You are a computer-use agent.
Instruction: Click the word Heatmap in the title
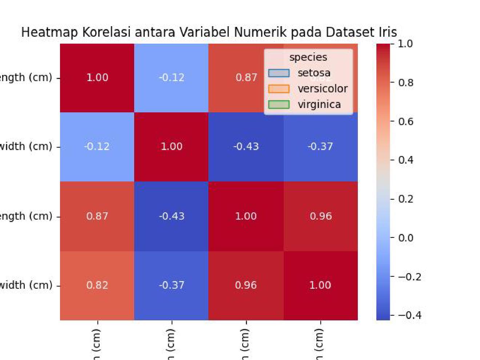point(49,32)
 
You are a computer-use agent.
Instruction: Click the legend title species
point(308,57)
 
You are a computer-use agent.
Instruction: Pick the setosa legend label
point(314,73)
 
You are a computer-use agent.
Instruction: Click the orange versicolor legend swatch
point(279,89)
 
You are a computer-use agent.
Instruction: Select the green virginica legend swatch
point(279,105)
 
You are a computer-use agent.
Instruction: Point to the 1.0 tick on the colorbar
point(405,44)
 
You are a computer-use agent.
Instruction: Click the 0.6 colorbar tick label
point(405,121)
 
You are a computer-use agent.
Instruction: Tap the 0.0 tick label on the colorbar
point(405,238)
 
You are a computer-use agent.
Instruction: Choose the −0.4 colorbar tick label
point(409,315)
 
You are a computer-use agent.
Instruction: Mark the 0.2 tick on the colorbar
point(405,199)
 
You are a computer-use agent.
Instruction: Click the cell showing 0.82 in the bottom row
point(97,285)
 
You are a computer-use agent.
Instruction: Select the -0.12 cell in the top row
point(171,78)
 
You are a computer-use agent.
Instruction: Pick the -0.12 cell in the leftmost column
point(97,147)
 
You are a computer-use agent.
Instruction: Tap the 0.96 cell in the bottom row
point(246,285)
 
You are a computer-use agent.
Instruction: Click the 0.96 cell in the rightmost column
point(321,216)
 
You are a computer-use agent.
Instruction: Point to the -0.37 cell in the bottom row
point(171,285)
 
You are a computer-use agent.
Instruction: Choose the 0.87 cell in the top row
point(246,78)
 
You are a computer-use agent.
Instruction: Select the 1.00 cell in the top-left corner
point(97,78)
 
